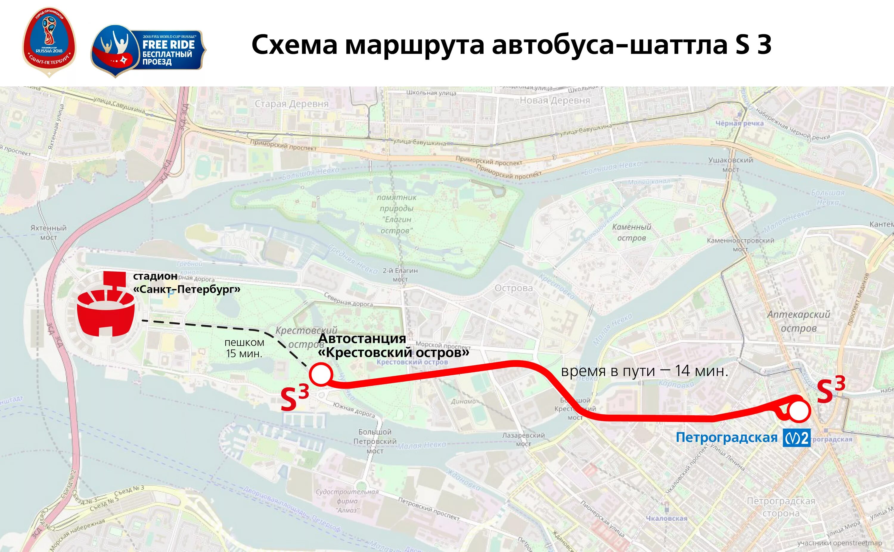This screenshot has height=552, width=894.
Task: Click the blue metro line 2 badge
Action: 796,438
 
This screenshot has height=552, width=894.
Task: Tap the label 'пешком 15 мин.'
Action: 244,348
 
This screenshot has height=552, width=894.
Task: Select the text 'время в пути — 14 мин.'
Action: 645,371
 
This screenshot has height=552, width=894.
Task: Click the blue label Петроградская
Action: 727,437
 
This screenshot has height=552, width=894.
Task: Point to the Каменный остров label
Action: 632,232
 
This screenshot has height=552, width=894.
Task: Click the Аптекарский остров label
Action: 799,321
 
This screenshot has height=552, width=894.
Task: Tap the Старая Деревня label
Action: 291,104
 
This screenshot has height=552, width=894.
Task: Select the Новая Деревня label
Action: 555,100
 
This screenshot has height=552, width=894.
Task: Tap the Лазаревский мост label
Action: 523,439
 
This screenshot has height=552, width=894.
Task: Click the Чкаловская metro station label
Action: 667,518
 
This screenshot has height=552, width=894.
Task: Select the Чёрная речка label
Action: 739,123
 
